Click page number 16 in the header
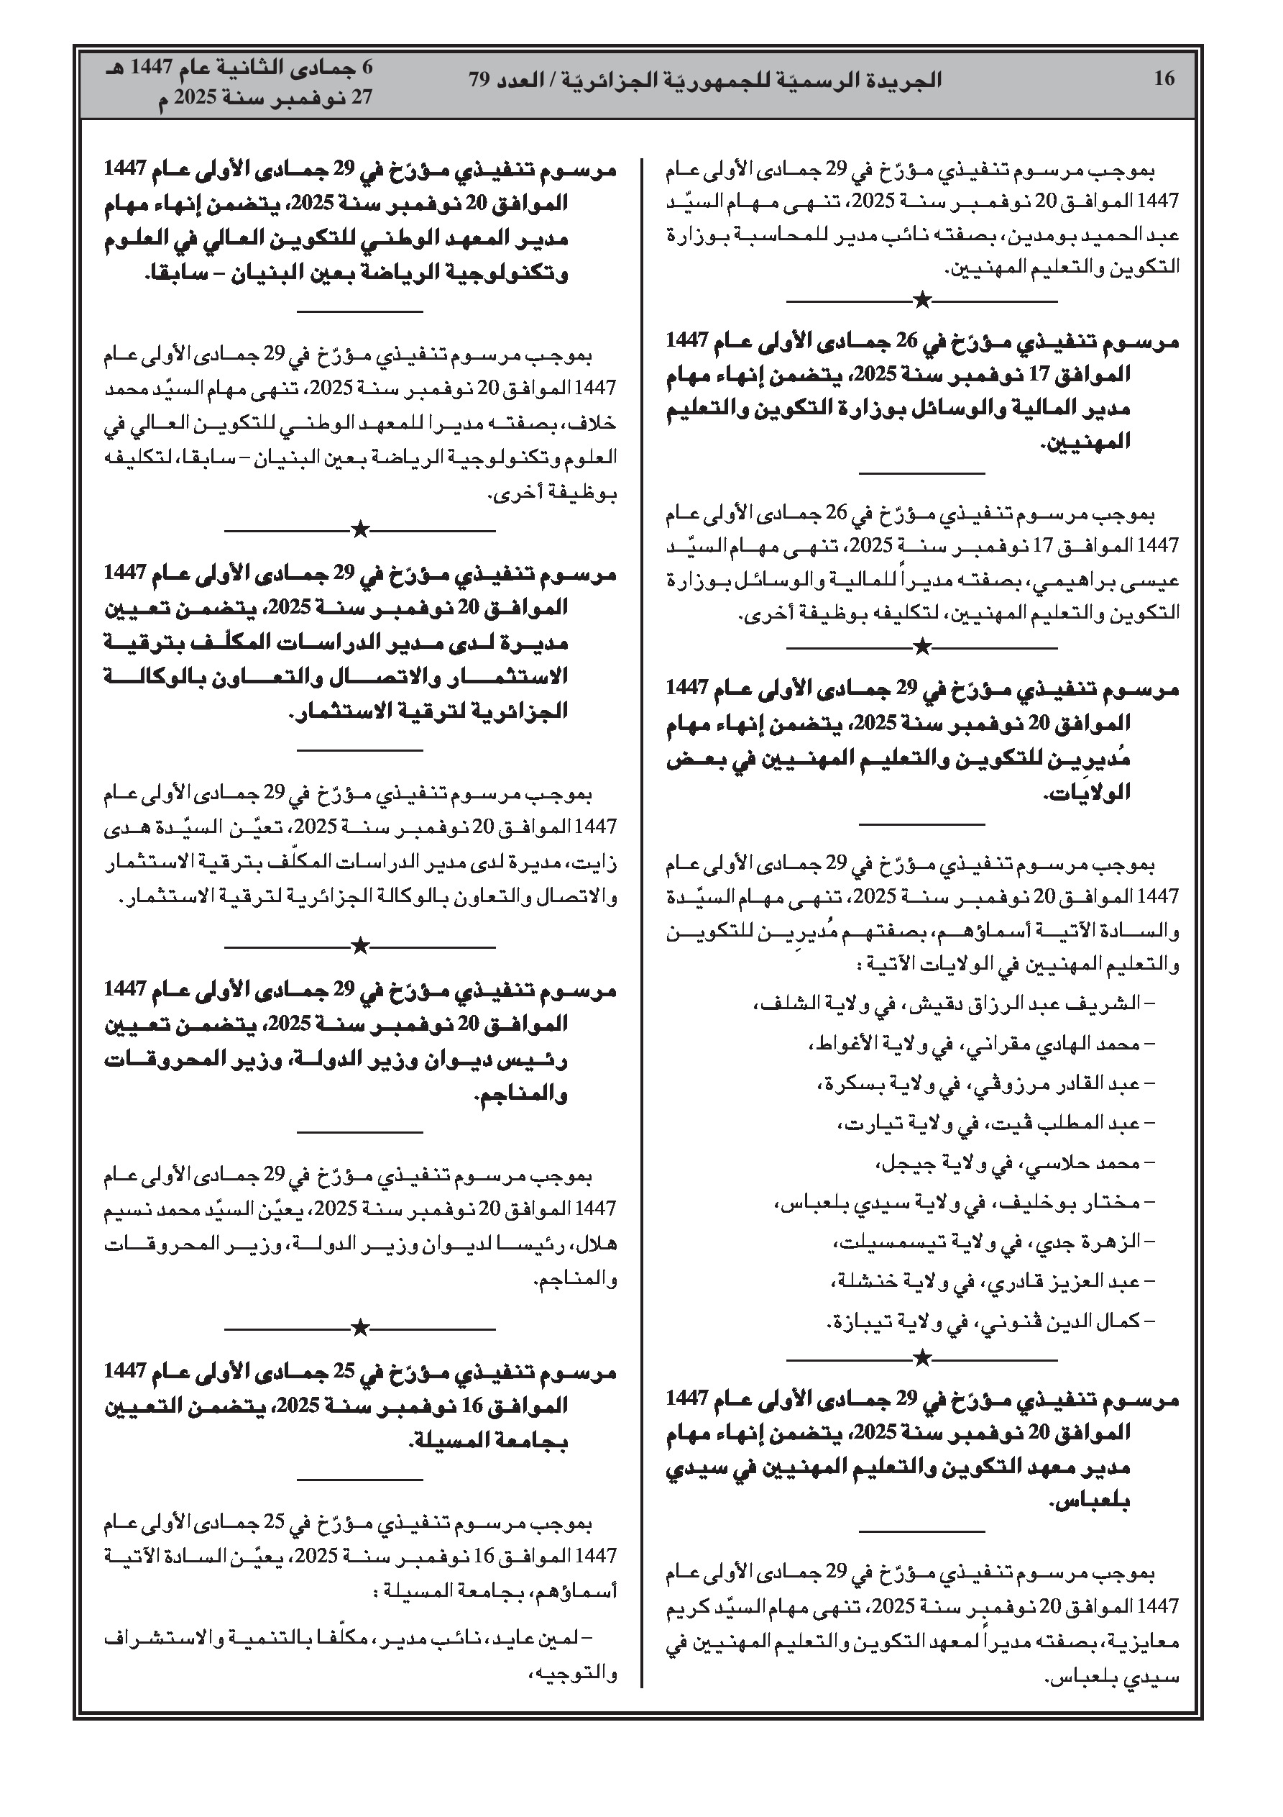tap(1164, 79)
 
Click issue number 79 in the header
tap(480, 79)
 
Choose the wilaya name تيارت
tap(867, 1122)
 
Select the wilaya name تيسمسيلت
tap(863, 1242)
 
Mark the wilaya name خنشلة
tap(860, 1281)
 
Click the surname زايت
tap(599, 863)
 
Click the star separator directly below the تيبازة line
tap(921, 1358)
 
